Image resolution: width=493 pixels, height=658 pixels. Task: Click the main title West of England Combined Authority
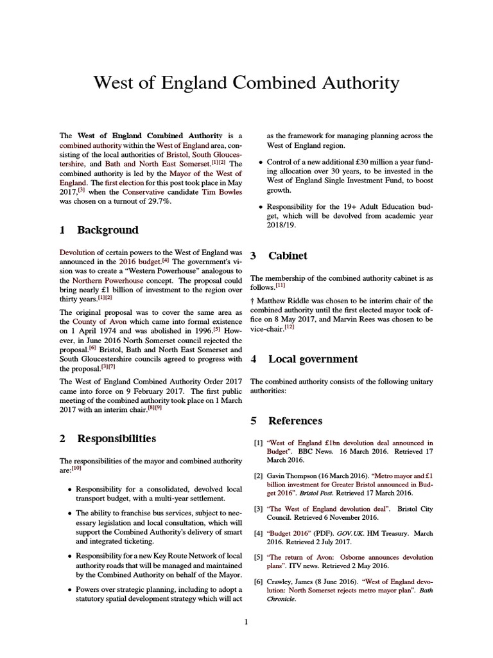(x=246, y=84)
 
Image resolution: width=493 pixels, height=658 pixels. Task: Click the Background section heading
(x=107, y=230)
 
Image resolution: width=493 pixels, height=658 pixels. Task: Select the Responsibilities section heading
(x=116, y=439)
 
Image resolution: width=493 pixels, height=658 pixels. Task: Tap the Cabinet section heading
(x=288, y=256)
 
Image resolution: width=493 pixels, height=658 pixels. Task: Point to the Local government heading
(x=313, y=359)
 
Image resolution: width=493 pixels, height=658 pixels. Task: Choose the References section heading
(x=295, y=421)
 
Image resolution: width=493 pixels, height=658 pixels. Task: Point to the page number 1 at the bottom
(x=246, y=621)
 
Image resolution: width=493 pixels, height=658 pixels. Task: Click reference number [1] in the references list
(x=258, y=443)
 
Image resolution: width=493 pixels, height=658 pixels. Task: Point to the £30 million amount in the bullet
(x=368, y=162)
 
